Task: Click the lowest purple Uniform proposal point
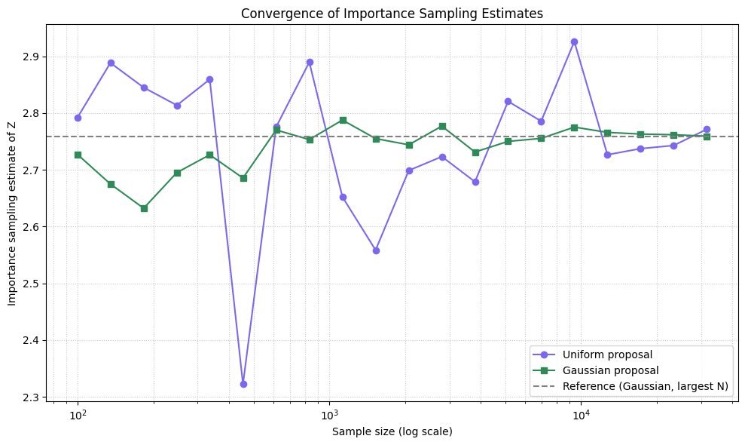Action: tap(243, 384)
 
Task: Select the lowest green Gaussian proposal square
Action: tap(144, 208)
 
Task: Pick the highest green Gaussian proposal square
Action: tap(343, 120)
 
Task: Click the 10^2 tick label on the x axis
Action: tap(77, 416)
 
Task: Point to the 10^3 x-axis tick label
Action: tap(329, 416)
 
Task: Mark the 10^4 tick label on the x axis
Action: tap(581, 416)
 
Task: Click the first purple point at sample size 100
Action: tap(78, 118)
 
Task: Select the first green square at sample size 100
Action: tap(78, 155)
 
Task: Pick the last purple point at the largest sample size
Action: tap(707, 129)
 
